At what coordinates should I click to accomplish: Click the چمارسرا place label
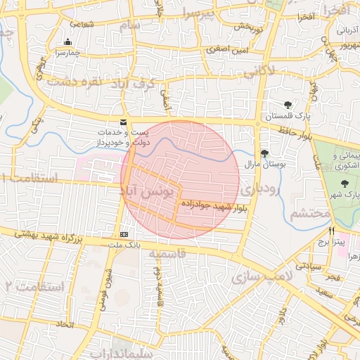point(69,53)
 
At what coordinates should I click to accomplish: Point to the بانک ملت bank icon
point(124,234)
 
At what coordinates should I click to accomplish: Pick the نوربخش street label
point(247,27)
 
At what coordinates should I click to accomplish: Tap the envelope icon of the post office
point(124,122)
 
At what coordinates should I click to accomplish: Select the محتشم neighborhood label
point(309,213)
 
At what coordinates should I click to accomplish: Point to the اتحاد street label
point(65,325)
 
